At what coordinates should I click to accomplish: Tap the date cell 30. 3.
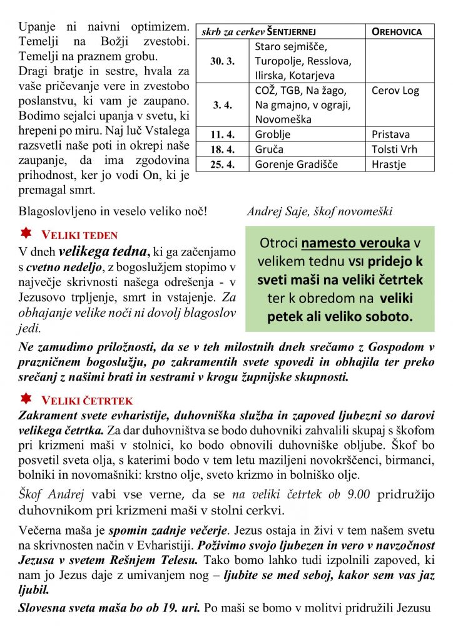(x=223, y=61)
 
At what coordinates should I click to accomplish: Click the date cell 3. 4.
(x=223, y=105)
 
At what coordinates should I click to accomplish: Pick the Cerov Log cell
(x=395, y=91)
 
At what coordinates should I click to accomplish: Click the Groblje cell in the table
(x=273, y=135)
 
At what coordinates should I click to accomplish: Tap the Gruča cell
(x=269, y=150)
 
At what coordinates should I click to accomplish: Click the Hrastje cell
(x=389, y=165)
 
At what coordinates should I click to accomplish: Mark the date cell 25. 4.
(x=223, y=165)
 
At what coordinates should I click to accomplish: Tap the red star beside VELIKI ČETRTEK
(x=26, y=398)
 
